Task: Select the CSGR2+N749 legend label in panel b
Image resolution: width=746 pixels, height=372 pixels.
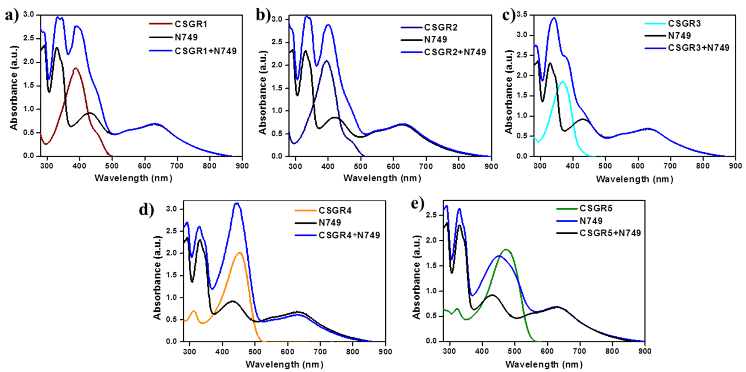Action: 455,52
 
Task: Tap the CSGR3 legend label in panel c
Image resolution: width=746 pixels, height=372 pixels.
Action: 684,23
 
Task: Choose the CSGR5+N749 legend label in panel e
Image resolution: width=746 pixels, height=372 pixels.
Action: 610,233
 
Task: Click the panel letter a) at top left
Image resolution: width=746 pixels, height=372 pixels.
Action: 12,15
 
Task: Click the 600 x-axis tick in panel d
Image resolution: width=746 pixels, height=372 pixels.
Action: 287,351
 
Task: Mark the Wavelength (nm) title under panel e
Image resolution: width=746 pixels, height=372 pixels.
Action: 544,364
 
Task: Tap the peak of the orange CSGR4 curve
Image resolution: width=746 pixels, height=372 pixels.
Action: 240,253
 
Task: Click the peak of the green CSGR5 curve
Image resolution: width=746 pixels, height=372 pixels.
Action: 506,249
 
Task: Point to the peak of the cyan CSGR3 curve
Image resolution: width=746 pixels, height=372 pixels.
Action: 563,82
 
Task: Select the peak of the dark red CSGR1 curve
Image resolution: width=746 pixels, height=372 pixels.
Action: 76,68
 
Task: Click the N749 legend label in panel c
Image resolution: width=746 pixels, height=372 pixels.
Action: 679,36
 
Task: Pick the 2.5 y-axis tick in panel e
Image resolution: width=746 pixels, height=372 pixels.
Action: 432,215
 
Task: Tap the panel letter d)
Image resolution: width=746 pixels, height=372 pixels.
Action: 146,209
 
